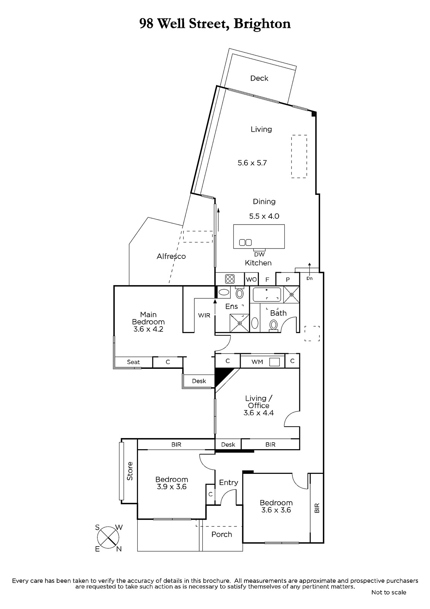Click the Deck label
coord(259,78)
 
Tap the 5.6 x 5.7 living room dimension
coord(252,163)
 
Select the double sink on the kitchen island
coord(245,242)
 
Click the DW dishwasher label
coord(259,255)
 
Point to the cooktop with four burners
coord(230,279)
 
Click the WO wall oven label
coord(251,279)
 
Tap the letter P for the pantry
coord(288,279)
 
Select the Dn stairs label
coord(309,278)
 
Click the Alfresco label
coord(171,257)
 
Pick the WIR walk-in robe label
coord(204,316)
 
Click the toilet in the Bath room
coord(273,325)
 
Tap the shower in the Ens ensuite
coord(240,323)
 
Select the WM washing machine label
coord(257,362)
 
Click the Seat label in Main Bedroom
coord(133,362)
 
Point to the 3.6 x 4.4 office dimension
coord(258,413)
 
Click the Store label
coord(130,471)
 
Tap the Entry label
coord(228,483)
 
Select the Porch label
coord(222,534)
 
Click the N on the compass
coord(119,549)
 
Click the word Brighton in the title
coord(262,24)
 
